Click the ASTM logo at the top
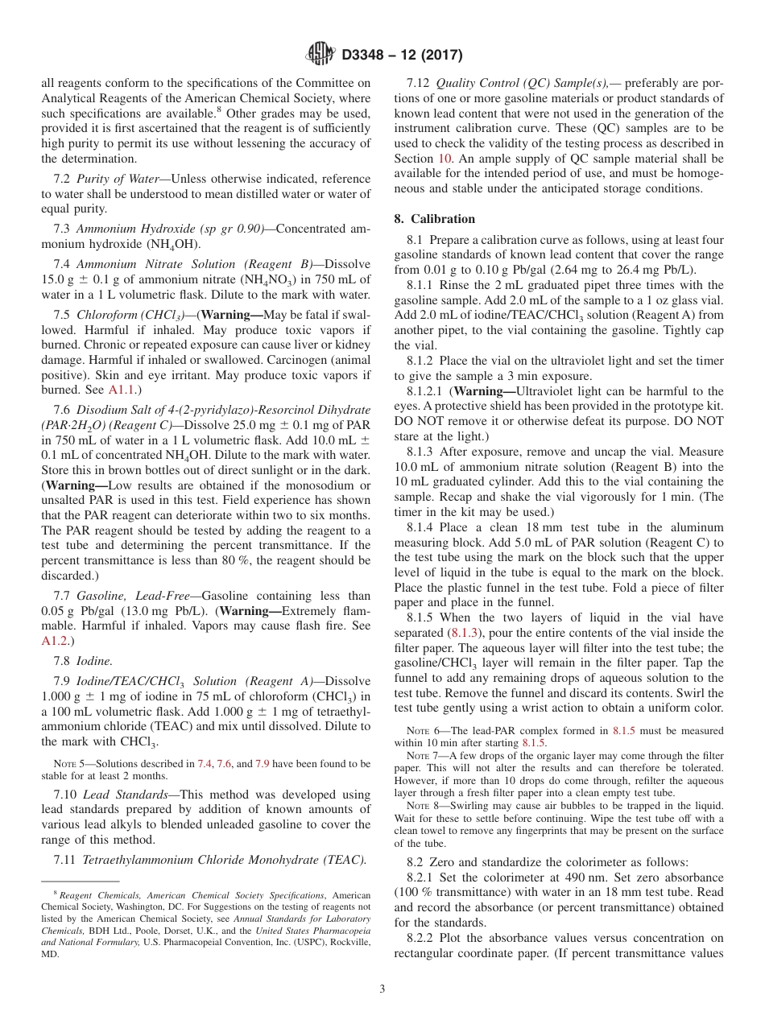point(320,56)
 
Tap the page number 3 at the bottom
point(382,989)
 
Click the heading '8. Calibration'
point(435,219)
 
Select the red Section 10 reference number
point(445,159)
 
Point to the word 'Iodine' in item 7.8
point(94,661)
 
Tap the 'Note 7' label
point(420,756)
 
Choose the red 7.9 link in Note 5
point(263,763)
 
